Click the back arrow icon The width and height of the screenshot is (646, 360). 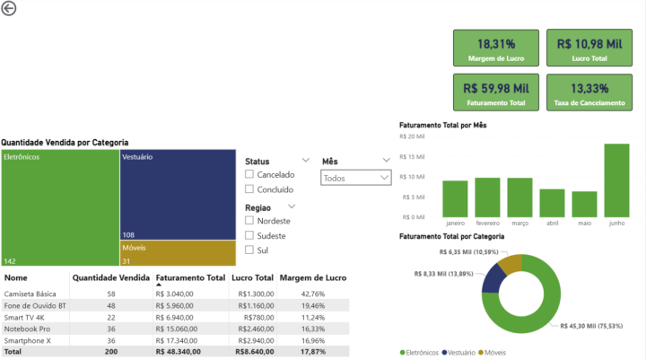[9, 8]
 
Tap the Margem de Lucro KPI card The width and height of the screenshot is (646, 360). [496, 48]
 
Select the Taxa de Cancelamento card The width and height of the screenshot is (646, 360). [589, 92]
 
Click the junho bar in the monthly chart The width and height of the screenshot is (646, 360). [616, 180]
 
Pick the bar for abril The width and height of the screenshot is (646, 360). [552, 203]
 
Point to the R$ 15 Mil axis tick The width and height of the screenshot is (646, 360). [412, 157]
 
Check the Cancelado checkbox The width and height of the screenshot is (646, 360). [249, 174]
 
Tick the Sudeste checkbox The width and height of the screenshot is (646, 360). [249, 235]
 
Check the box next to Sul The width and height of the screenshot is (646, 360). [249, 250]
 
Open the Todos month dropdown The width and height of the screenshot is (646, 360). [356, 178]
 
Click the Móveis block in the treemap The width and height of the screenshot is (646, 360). [178, 253]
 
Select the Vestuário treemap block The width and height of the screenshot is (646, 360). [178, 195]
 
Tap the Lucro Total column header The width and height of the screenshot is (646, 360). [252, 278]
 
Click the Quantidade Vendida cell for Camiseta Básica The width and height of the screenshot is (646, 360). [111, 294]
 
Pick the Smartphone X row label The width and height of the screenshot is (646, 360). [28, 340]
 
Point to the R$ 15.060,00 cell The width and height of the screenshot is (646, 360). [177, 329]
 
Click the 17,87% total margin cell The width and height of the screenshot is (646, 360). [313, 352]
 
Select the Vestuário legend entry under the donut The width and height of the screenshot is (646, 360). [458, 353]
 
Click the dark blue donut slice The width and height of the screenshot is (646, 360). [493, 279]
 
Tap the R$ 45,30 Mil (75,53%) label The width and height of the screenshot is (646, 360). [591, 326]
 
